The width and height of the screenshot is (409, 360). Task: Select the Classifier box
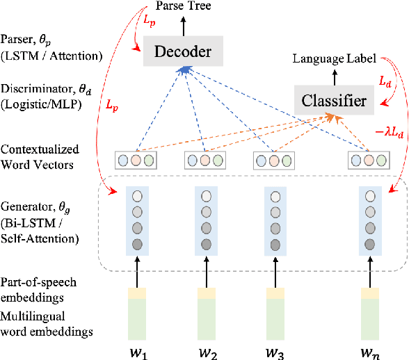(334, 101)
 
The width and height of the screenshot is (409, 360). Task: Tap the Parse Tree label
(184, 7)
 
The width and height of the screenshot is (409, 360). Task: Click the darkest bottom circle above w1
(137, 244)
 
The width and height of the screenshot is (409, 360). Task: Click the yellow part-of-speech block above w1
(137, 294)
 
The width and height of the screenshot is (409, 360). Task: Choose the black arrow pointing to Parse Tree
(184, 25)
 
